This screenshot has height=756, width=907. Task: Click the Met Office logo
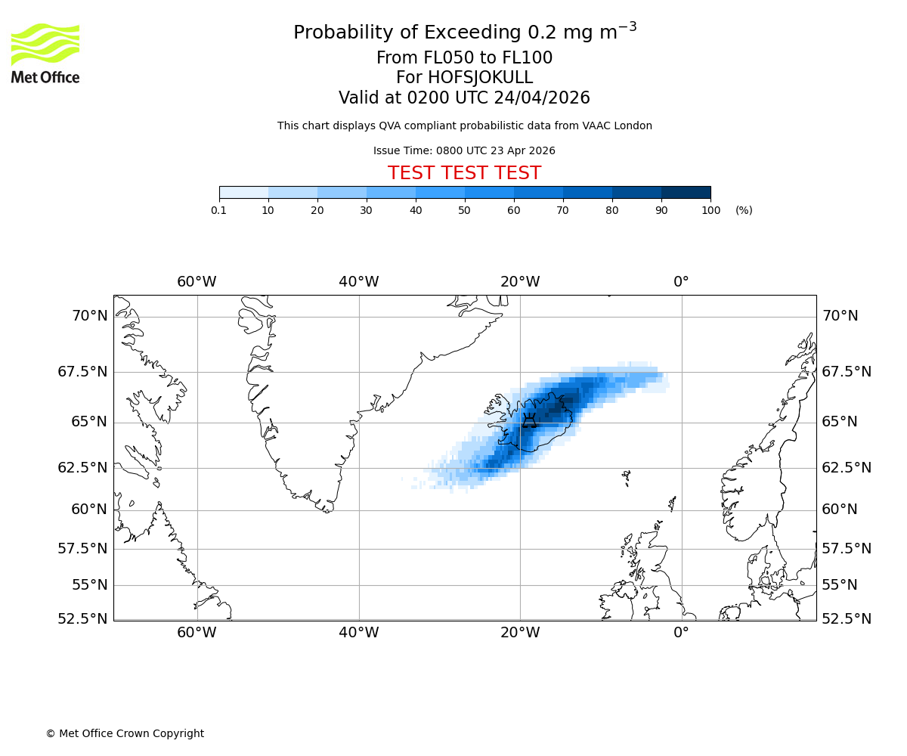(45, 53)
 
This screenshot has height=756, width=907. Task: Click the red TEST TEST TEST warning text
(464, 173)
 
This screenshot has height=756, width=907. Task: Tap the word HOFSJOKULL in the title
(464, 78)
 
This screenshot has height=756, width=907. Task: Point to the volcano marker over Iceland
(530, 420)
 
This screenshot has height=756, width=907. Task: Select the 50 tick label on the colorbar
(465, 210)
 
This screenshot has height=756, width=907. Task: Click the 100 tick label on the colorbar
(710, 210)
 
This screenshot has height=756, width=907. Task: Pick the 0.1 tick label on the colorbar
(219, 210)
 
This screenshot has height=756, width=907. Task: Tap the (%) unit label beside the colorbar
(744, 210)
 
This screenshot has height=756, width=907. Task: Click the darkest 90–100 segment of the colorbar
(686, 192)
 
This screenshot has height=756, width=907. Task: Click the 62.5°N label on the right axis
(847, 467)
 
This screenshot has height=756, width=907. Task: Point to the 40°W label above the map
(358, 282)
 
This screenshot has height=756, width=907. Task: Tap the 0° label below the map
(681, 632)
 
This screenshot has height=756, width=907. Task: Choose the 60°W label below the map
(197, 632)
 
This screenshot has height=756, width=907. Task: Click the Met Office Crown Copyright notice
(125, 733)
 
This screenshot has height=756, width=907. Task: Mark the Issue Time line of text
(464, 150)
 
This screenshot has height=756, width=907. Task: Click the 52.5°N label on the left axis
(83, 618)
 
